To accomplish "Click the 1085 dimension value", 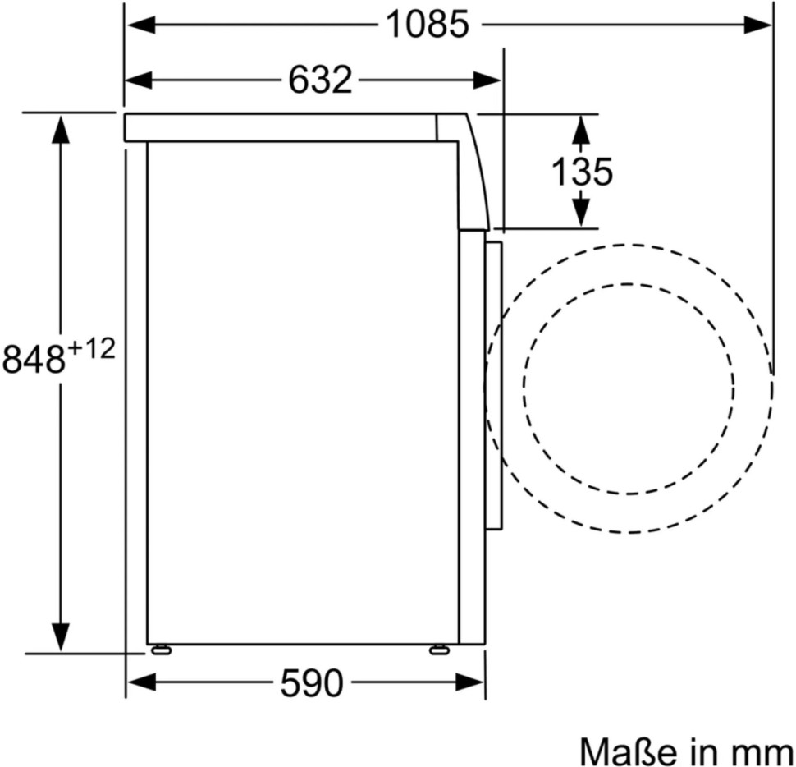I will [428, 25].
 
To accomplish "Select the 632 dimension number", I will [320, 80].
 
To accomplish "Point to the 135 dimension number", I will [581, 172].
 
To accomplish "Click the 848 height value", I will [34, 359].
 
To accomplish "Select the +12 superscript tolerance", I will [91, 349].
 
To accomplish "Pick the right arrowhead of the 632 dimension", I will [487, 80].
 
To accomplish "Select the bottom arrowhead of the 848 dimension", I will [61, 636].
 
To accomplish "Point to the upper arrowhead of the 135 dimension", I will [581, 128].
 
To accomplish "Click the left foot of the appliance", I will [160, 650].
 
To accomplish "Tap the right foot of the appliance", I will [439, 650].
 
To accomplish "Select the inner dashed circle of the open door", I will [629, 285].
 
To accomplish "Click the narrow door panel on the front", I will [494, 386].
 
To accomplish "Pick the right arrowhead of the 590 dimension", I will [471, 682].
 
